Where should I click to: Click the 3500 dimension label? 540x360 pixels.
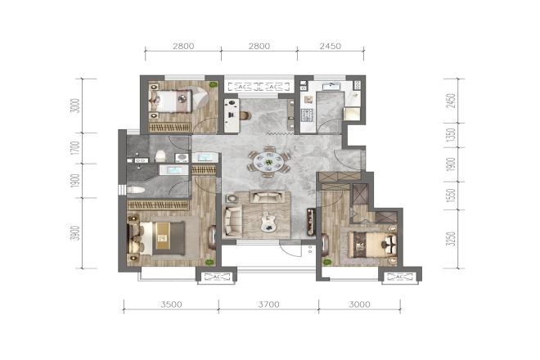tap(171, 304)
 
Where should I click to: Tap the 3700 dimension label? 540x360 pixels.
tap(268, 304)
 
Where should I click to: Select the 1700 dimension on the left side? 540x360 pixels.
tap(74, 149)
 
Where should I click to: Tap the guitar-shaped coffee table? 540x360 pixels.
tap(267, 220)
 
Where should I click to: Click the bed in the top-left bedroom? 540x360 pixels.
tap(171, 101)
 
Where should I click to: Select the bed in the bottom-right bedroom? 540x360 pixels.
tap(369, 243)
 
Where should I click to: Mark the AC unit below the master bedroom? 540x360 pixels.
tap(216, 277)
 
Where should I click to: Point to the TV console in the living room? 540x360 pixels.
tap(311, 220)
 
